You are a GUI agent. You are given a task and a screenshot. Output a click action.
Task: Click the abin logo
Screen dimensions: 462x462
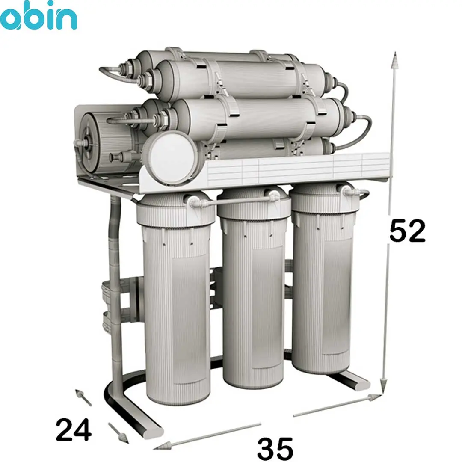pos(38,15)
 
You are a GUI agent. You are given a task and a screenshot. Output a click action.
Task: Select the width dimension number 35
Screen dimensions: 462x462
pos(275,448)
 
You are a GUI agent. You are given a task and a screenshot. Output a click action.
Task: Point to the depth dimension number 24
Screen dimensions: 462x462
pos(74,429)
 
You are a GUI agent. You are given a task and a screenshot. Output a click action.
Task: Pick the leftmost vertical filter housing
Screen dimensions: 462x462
pos(176,298)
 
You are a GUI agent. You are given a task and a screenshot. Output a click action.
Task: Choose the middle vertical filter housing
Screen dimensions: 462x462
pos(253,287)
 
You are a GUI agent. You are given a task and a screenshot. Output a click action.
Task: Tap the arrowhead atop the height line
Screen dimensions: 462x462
pos(395,60)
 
